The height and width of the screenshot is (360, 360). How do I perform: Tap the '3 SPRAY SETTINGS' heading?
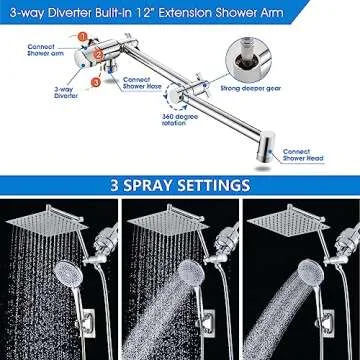180,187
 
